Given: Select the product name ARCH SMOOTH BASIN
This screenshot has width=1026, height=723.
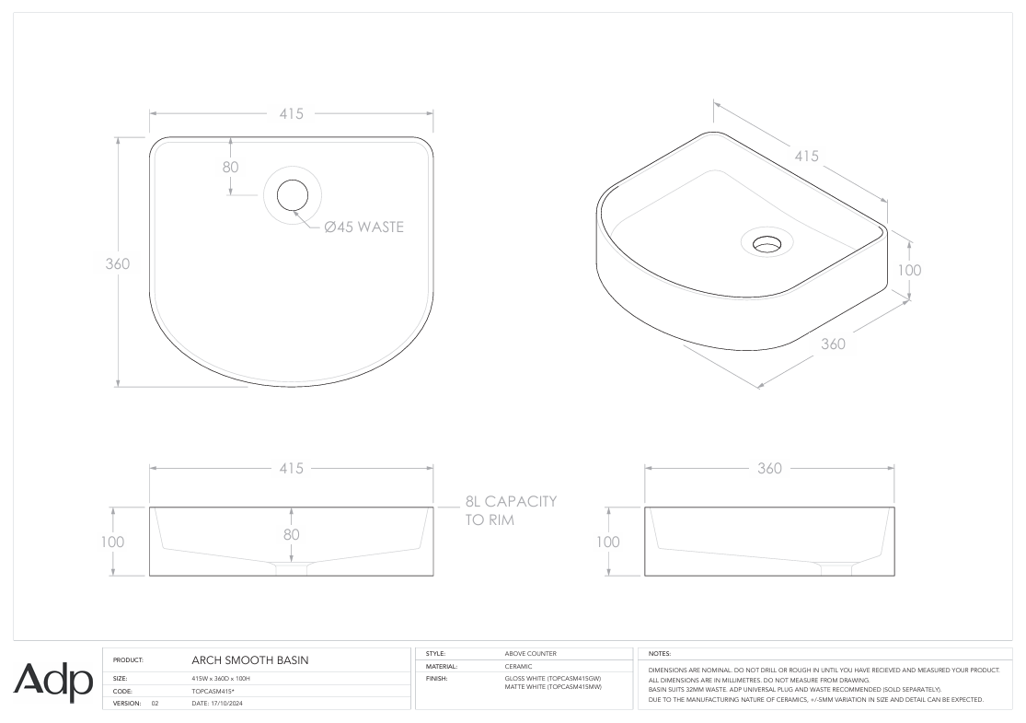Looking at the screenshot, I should [x=248, y=660].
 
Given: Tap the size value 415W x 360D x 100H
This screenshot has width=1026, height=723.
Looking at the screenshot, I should [x=221, y=678].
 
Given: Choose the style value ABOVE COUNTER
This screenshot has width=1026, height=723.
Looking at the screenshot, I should [x=531, y=653].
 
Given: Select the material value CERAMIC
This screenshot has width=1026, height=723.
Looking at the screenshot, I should [x=519, y=666].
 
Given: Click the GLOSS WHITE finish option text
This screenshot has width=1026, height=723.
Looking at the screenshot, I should [x=552, y=678].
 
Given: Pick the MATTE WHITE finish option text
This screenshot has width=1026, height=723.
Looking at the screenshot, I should [x=553, y=686].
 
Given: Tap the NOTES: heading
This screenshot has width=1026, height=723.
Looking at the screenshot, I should [x=660, y=653].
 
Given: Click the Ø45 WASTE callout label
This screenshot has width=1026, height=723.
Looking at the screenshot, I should [x=363, y=227].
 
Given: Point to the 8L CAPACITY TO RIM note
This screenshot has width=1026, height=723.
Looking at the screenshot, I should [x=510, y=510].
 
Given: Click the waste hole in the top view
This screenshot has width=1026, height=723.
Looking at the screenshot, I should [x=293, y=195].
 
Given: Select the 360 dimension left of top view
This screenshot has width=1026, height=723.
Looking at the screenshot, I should [x=116, y=263].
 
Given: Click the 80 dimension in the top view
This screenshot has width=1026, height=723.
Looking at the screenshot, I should [x=230, y=167].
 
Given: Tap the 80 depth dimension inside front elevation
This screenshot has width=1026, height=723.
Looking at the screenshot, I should [x=292, y=533].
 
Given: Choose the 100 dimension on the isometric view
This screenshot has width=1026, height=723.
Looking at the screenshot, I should [x=909, y=270].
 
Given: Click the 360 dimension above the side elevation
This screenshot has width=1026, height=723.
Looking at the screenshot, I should [x=768, y=468].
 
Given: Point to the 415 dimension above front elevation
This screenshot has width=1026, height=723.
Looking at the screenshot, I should [x=292, y=468].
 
